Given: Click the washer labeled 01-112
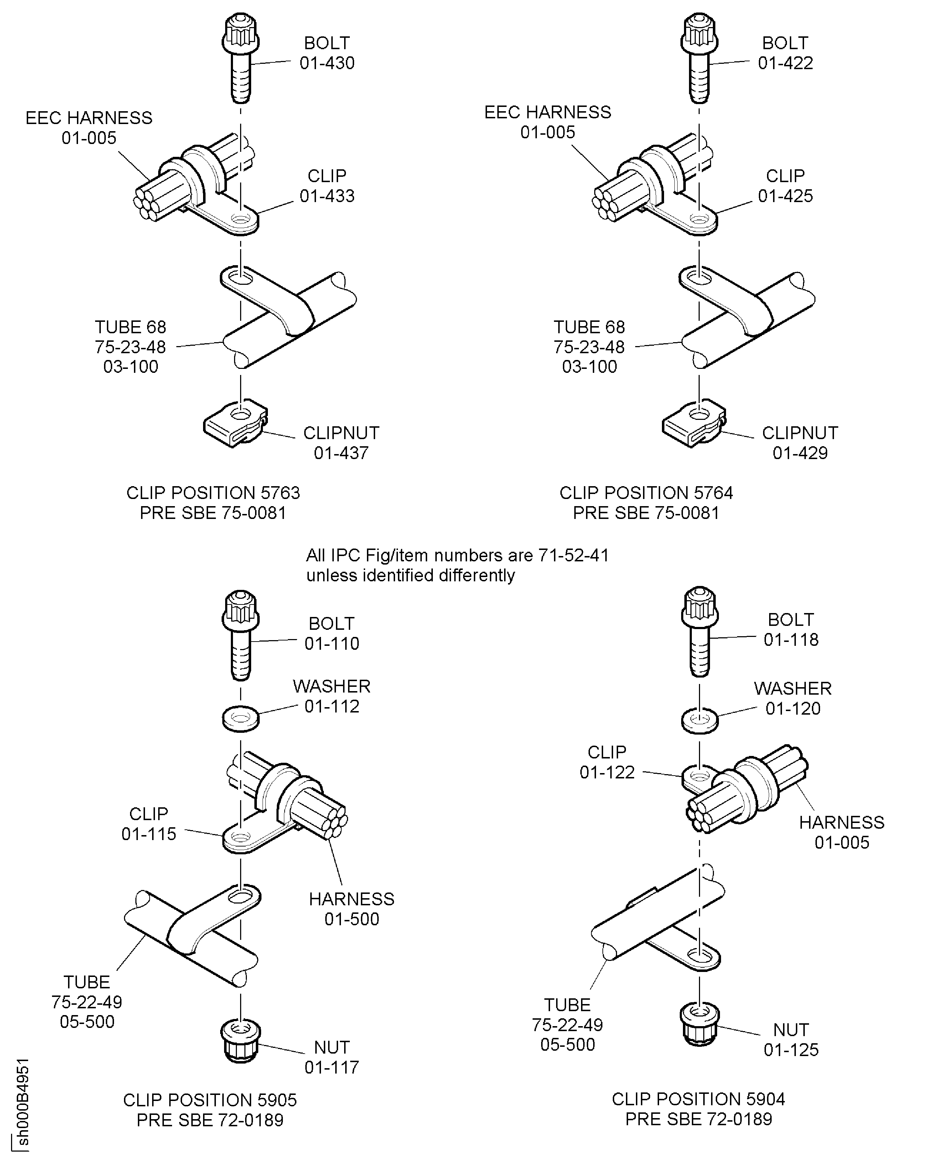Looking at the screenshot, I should [240, 719].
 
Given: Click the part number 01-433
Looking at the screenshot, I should [327, 196].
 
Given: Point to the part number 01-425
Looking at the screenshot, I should [786, 196].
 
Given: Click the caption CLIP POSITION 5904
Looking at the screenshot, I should [699, 1099].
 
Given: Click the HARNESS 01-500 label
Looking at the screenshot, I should [352, 909].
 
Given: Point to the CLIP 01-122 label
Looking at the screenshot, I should [607, 762].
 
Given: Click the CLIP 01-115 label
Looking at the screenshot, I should [149, 823].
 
